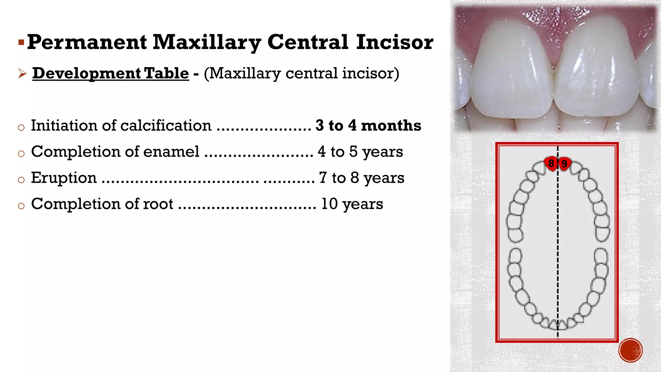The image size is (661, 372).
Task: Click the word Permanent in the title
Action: [87, 42]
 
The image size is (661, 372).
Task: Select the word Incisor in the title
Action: [395, 42]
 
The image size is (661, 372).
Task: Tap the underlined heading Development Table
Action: [110, 73]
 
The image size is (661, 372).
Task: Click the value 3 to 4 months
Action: [368, 125]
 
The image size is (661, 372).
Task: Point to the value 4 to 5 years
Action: [360, 151]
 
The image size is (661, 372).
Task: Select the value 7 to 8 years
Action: [361, 178]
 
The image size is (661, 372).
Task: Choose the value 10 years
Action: [352, 204]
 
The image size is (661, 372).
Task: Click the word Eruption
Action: [64, 178]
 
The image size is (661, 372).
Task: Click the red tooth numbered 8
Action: [551, 163]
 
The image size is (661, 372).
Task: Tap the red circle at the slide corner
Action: [630, 350]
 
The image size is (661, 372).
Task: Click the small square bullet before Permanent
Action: [21, 42]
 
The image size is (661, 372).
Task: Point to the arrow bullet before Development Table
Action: [22, 74]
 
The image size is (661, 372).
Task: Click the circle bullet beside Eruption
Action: [21, 180]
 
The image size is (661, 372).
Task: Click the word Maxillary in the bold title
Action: [207, 42]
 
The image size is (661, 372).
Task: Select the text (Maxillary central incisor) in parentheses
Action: [301, 73]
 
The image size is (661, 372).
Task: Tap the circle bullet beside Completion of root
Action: [21, 206]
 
